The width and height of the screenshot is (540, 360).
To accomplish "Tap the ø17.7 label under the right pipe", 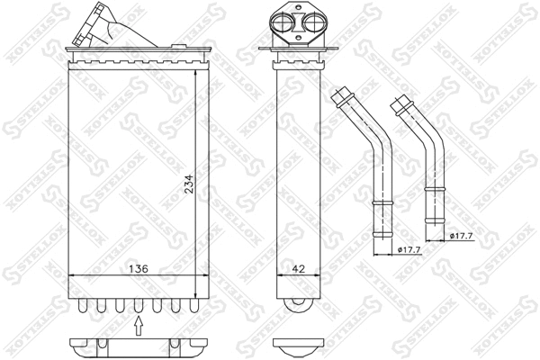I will click(463, 237).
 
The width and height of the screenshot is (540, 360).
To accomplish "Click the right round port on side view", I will click(309, 24).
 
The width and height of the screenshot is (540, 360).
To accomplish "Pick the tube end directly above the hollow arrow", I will click(138, 308).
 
